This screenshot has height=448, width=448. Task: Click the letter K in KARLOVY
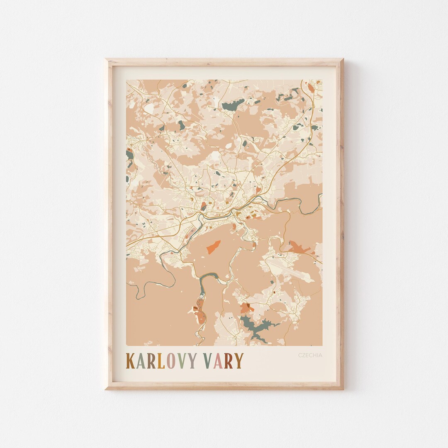130,361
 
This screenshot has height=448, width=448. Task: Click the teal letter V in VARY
209,361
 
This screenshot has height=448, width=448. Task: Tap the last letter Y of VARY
239,361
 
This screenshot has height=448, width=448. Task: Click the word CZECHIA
310,355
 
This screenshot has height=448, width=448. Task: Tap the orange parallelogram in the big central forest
214,246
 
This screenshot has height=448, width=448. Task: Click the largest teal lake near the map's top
233,105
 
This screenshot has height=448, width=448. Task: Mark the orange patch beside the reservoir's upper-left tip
246,308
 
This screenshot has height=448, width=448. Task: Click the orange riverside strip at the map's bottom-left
200,315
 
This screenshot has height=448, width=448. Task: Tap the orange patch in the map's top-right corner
311,88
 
